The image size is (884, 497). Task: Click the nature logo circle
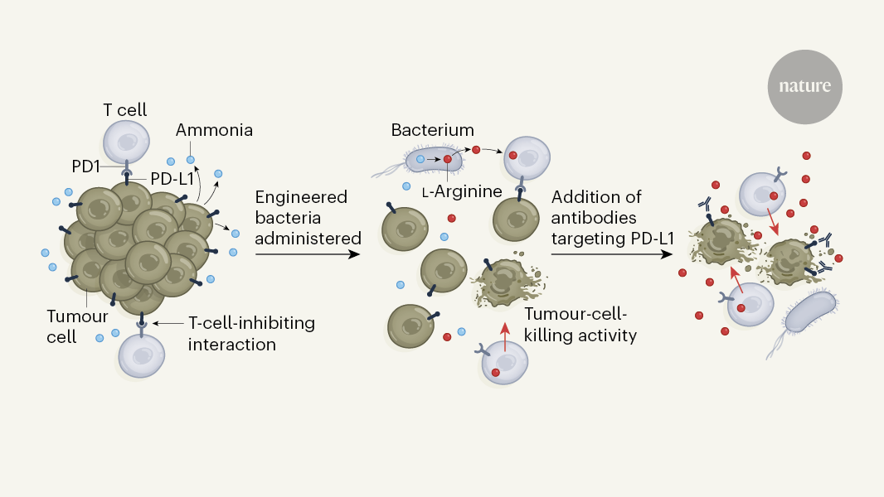pyautogui.click(x=804, y=86)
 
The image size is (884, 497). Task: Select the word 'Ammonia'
pyautogui.click(x=214, y=130)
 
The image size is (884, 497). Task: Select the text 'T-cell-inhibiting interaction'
pyautogui.click(x=251, y=333)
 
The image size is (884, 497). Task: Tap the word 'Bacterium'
pyautogui.click(x=432, y=130)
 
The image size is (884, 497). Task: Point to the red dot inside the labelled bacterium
pyautogui.click(x=447, y=158)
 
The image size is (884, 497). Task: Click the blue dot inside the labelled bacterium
pyautogui.click(x=420, y=158)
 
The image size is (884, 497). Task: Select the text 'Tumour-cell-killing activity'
pyautogui.click(x=580, y=325)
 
